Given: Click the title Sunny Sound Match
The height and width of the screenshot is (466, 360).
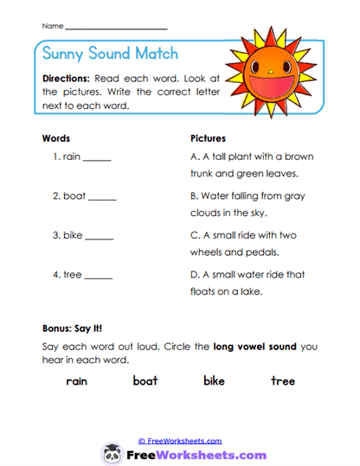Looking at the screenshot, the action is coord(109,54).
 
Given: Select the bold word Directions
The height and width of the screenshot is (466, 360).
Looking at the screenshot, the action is coord(71,78).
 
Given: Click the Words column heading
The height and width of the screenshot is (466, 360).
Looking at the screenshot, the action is coord(56,138).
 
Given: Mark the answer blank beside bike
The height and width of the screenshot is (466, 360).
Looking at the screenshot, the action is coord(100,237).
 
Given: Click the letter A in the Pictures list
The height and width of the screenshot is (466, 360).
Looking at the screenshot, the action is coord(194,156).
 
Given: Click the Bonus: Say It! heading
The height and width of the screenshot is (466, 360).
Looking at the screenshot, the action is coord(73,329).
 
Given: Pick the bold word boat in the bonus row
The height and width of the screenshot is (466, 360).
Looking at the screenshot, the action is coord(145,380).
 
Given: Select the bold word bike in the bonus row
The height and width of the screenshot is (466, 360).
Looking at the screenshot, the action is coord(214,380).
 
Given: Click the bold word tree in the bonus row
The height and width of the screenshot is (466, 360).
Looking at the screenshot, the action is coord(282,380).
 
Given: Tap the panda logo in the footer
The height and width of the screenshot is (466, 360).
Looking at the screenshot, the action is coord(112,453).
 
